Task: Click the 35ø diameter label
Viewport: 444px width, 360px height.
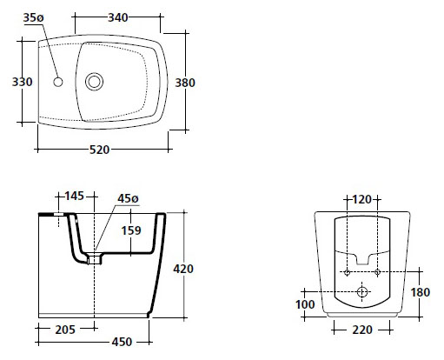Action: [x=33, y=17]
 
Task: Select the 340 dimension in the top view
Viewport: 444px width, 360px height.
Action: [x=118, y=17]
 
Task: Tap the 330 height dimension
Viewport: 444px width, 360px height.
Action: [x=22, y=82]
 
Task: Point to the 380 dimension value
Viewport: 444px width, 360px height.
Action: [x=185, y=83]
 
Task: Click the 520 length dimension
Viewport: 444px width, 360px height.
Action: [x=99, y=150]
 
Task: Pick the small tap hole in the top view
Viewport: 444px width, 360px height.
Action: [x=58, y=82]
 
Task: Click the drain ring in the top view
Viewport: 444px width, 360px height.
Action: [x=94, y=82]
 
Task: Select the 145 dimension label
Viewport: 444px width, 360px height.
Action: [x=74, y=197]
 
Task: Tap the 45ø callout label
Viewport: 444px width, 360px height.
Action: [x=128, y=198]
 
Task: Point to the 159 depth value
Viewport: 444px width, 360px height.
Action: [x=131, y=230]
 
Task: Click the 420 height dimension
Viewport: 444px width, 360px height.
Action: [x=183, y=269]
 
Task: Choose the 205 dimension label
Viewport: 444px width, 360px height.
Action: [x=65, y=330]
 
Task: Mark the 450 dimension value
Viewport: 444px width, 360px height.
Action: [x=122, y=342]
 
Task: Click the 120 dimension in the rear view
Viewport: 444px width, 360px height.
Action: [x=361, y=199]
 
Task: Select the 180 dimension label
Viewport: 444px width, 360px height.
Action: [x=421, y=292]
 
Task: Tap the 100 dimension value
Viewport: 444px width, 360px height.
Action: [x=305, y=304]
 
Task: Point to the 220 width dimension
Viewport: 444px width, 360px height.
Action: [x=362, y=330]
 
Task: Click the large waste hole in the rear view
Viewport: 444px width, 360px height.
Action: [x=362, y=292]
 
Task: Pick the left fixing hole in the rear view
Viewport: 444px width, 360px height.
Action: [x=347, y=272]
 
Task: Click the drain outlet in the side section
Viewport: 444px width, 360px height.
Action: [x=95, y=259]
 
